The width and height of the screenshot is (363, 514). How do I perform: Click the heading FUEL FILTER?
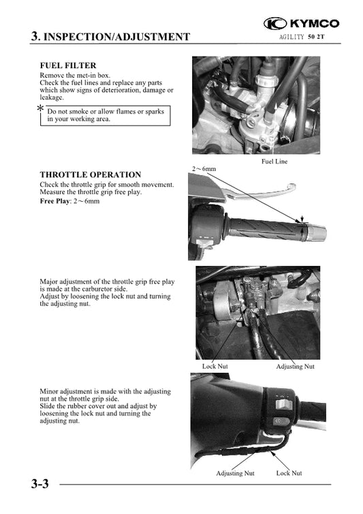pyautogui.click(x=67, y=65)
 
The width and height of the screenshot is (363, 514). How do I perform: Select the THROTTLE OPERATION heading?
pyautogui.click(x=90, y=175)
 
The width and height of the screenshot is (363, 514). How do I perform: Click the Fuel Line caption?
pyautogui.click(x=274, y=162)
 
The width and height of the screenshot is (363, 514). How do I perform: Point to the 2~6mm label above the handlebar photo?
pyautogui.click(x=204, y=168)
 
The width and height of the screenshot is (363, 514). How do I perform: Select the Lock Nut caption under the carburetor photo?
pyautogui.click(x=215, y=366)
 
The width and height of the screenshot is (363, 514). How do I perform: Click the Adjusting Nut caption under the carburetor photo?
pyautogui.click(x=295, y=366)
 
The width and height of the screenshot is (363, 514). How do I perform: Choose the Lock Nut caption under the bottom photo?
pyautogui.click(x=289, y=472)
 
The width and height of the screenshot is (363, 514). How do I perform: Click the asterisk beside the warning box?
pyautogui.click(x=41, y=110)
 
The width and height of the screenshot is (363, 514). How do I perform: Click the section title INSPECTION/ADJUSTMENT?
pyautogui.click(x=116, y=37)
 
